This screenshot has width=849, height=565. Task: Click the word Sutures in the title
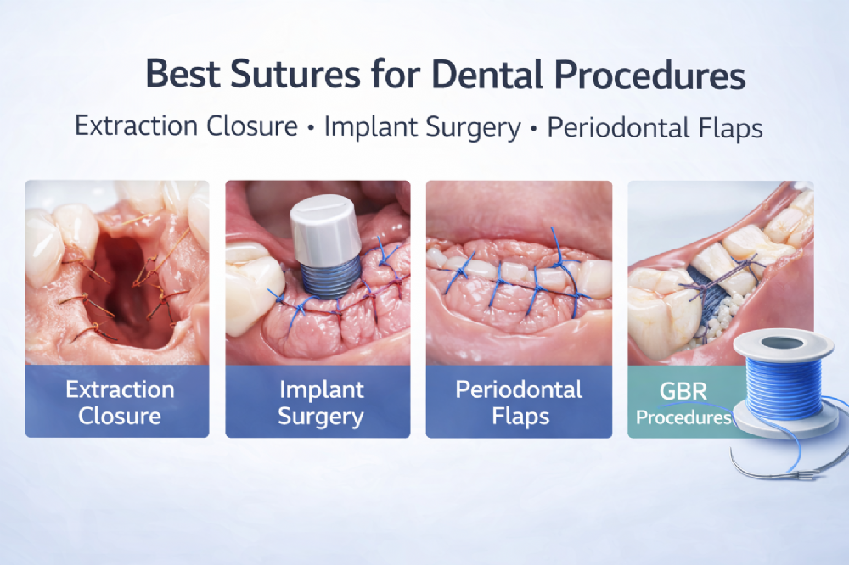point(295,74)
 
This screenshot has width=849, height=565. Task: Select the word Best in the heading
point(183,74)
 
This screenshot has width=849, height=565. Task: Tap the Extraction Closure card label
point(120,403)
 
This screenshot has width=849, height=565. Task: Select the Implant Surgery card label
point(321,403)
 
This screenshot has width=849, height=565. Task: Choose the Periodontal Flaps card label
point(519,403)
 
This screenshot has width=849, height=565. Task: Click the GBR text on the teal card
point(683,391)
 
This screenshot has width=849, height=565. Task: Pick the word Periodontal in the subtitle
point(618,128)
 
